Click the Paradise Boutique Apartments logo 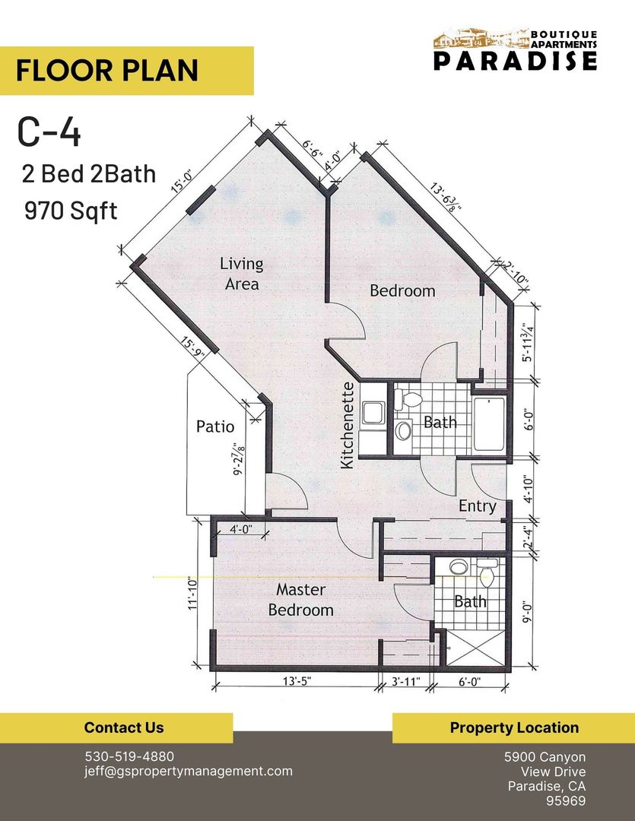click(x=515, y=51)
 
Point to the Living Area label click(x=241, y=274)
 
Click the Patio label click(x=215, y=426)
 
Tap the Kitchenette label click(x=348, y=425)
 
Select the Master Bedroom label click(x=300, y=600)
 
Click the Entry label click(x=477, y=506)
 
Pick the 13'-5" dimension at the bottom click(x=293, y=683)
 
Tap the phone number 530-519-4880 click(x=129, y=756)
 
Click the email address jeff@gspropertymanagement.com click(x=188, y=771)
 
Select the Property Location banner click(x=513, y=727)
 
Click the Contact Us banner click(x=123, y=727)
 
